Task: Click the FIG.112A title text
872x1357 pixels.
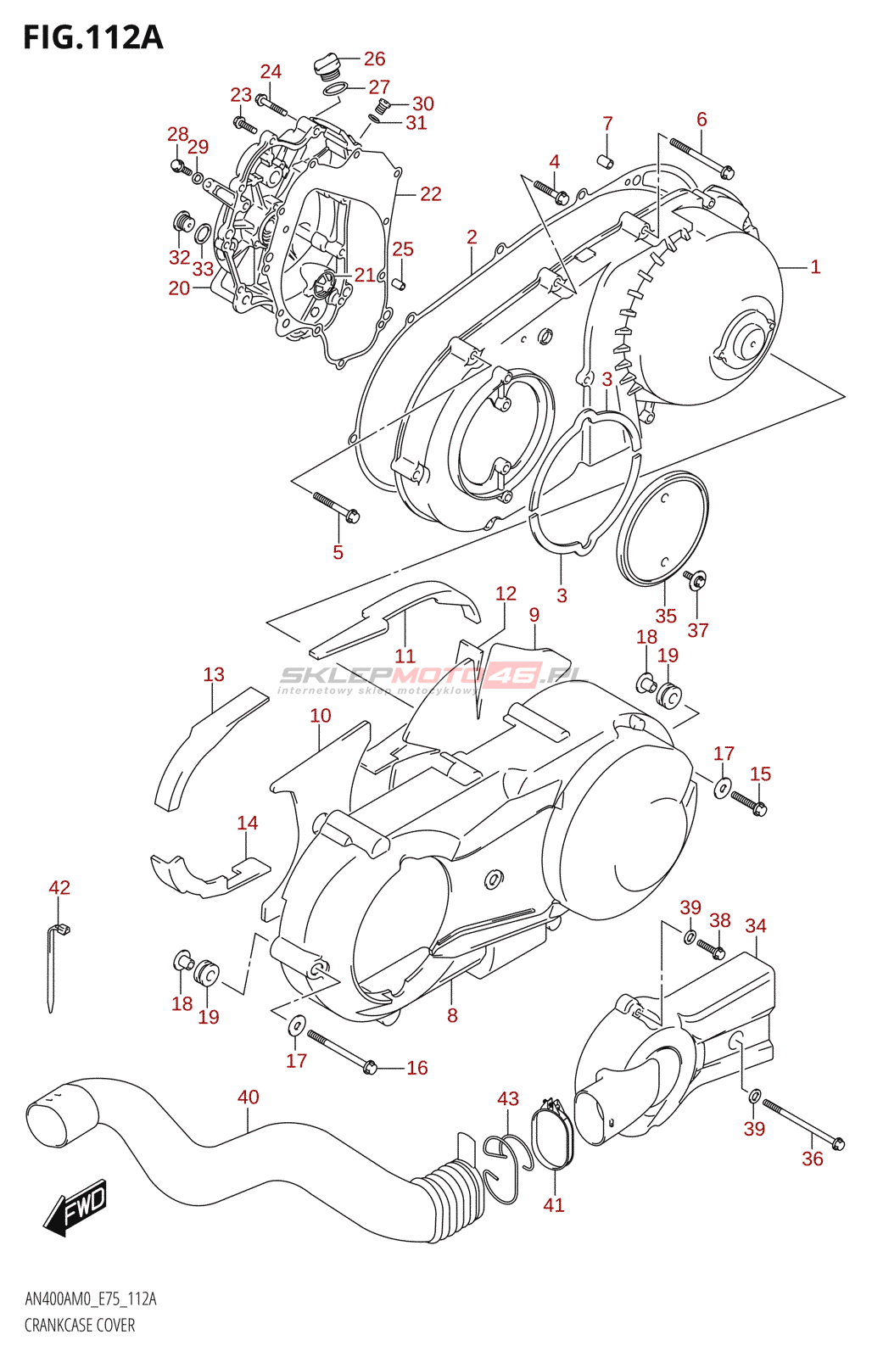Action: [92, 37]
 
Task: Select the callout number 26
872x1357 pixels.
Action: [374, 59]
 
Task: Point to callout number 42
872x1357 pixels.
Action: [59, 888]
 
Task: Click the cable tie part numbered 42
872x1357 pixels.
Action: [53, 967]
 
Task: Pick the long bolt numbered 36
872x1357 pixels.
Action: [802, 1125]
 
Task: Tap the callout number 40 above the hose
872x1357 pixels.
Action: [248, 1097]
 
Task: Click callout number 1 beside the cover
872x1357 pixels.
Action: [815, 267]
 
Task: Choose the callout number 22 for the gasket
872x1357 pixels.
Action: [431, 194]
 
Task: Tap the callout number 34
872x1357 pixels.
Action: [756, 925]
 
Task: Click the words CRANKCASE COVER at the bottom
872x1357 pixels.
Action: [80, 1326]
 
